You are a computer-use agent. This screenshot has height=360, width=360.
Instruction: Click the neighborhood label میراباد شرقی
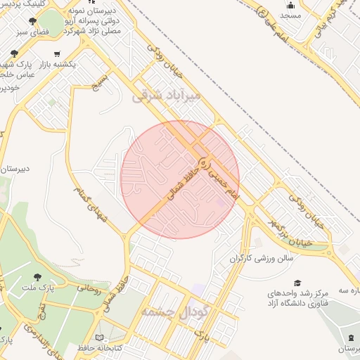click(x=167, y=95)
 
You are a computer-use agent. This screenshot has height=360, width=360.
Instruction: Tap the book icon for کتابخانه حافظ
click(x=102, y=347)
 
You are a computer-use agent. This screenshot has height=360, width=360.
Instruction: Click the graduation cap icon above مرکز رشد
click(x=297, y=282)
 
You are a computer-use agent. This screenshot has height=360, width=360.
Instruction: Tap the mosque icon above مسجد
click(x=290, y=4)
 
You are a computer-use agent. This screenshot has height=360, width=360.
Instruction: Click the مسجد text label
click(x=290, y=14)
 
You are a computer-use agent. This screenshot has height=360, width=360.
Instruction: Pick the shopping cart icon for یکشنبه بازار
click(x=57, y=53)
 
